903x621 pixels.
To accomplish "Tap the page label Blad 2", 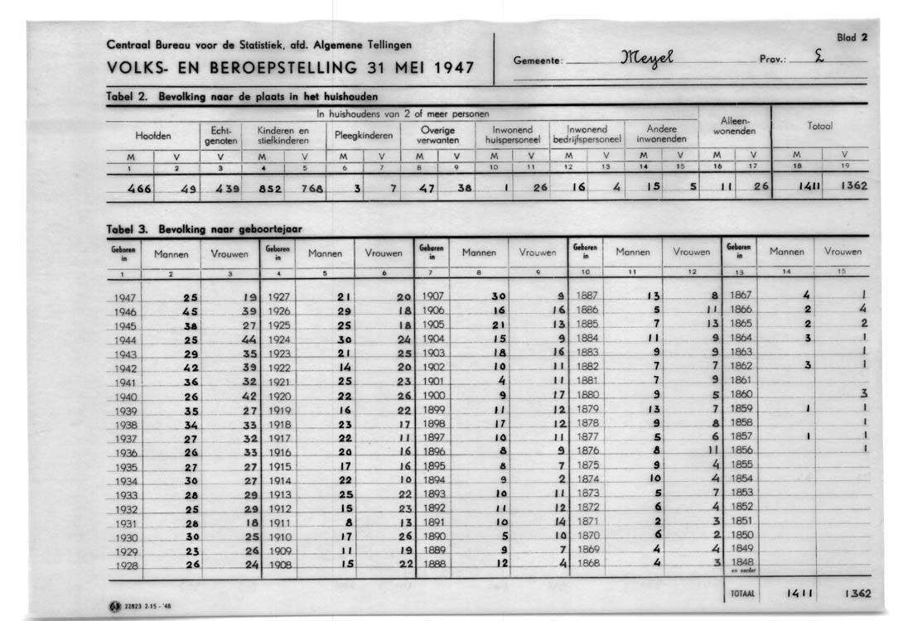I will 852,37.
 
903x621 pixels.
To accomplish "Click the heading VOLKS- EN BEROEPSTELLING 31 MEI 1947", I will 291,67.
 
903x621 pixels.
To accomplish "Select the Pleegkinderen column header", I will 364,135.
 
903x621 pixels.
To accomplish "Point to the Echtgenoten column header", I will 221,135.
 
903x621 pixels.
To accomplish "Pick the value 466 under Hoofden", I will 139,188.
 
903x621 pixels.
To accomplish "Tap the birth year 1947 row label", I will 127,297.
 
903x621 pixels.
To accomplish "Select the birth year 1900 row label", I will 434,395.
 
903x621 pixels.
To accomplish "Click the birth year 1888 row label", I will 434,565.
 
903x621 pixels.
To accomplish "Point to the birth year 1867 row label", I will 741,295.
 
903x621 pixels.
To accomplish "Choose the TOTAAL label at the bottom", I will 741,595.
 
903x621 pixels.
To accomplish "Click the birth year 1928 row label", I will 127,566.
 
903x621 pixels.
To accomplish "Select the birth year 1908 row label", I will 279,565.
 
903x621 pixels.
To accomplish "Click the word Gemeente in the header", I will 538,60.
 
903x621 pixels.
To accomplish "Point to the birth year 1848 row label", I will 741,561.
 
